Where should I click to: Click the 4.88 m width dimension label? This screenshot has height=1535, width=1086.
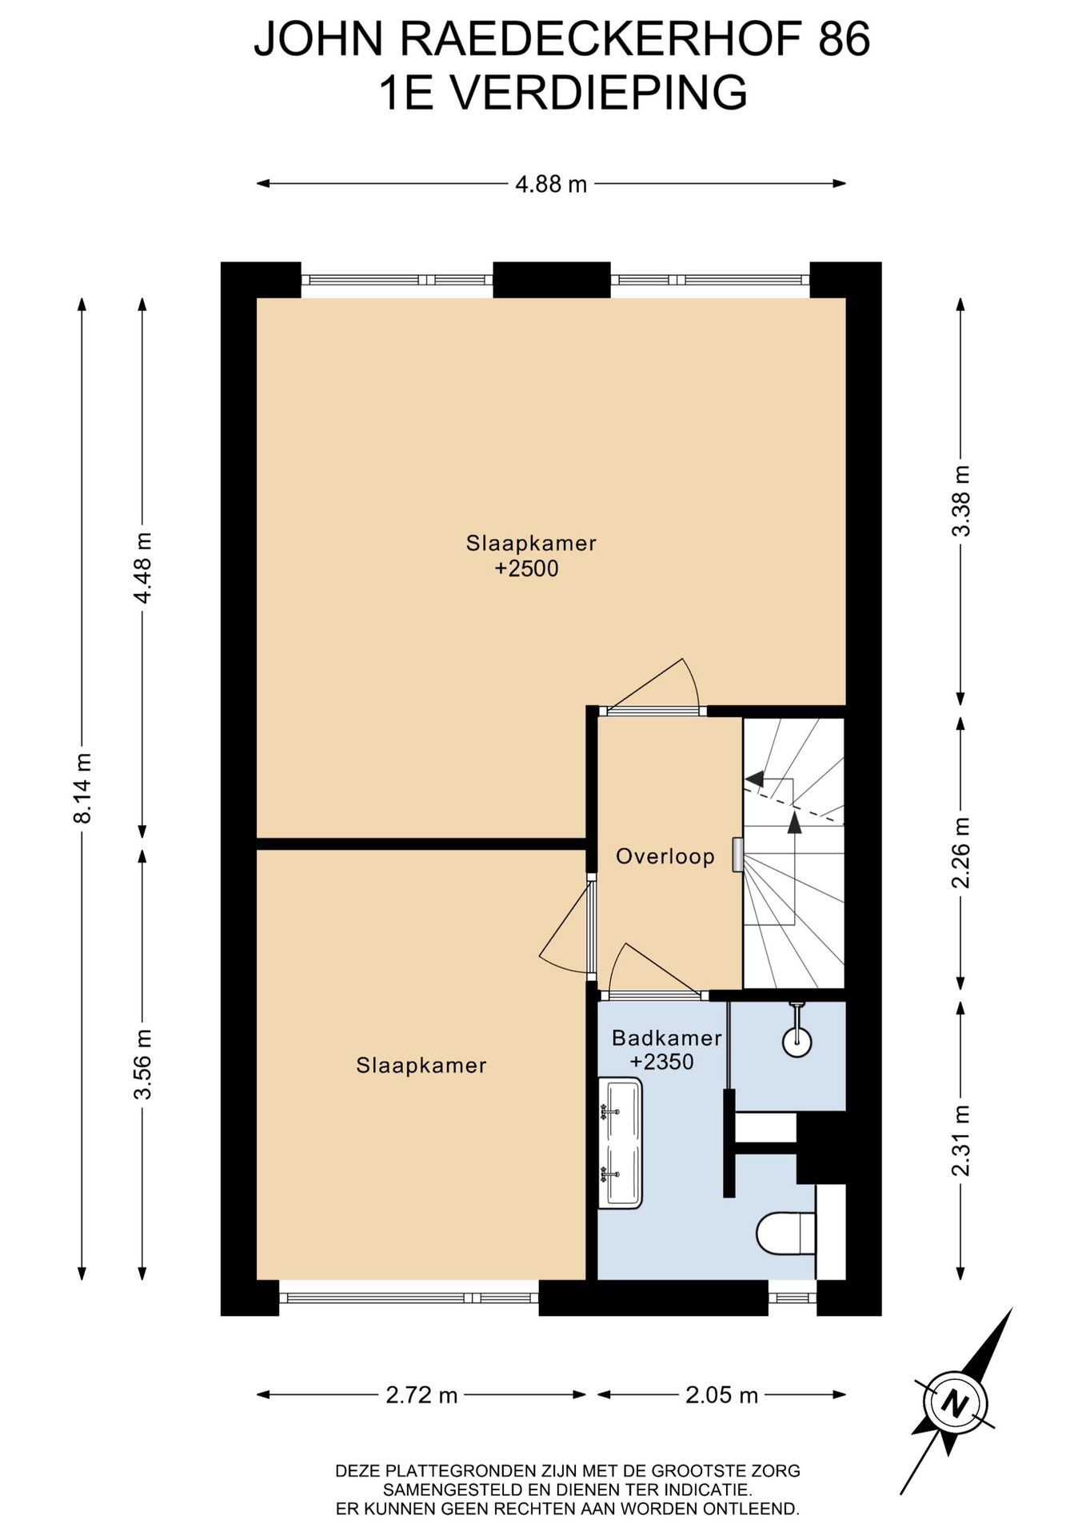[x=551, y=185]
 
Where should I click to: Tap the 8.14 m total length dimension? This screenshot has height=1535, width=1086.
[x=83, y=787]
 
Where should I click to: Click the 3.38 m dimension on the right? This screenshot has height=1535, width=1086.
[x=962, y=501]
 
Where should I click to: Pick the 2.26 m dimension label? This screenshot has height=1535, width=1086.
[x=962, y=852]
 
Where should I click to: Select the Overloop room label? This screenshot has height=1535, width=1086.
[x=665, y=857]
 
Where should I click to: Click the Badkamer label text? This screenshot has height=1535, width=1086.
[x=667, y=1038]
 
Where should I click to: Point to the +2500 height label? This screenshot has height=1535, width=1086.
[x=526, y=569]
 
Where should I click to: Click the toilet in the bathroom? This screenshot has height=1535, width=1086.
[x=786, y=1234]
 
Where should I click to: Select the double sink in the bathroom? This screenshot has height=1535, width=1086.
[x=620, y=1143]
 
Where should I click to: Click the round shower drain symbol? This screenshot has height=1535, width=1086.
[x=797, y=1042]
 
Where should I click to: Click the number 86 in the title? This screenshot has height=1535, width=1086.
[x=844, y=39]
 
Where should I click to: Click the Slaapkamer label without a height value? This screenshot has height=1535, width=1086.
[x=421, y=1065]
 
